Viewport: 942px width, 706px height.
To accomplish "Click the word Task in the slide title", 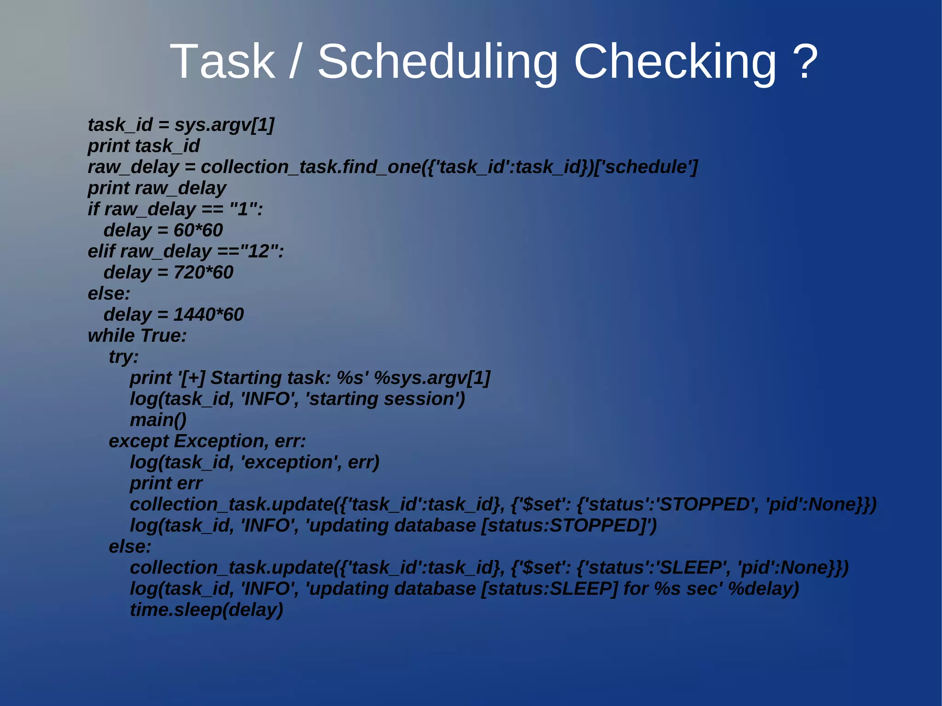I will pyautogui.click(x=223, y=62).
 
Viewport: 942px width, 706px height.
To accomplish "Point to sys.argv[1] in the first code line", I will pyautogui.click(x=224, y=125).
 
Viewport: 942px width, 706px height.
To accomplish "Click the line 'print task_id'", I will pyautogui.click(x=144, y=146).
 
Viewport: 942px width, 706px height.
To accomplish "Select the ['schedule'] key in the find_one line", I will pyautogui.click(x=646, y=167).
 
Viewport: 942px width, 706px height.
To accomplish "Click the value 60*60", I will pyautogui.click(x=198, y=230).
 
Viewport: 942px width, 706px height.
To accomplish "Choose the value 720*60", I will pyautogui.click(x=203, y=273).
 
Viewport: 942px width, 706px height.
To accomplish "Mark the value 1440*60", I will pyautogui.click(x=208, y=315).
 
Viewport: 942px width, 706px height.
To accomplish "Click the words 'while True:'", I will pyautogui.click(x=137, y=336).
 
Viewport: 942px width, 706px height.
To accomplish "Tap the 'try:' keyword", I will pyautogui.click(x=123, y=357).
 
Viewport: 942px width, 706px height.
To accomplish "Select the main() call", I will pyautogui.click(x=158, y=420).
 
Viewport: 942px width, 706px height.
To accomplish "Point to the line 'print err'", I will pyautogui.click(x=166, y=483).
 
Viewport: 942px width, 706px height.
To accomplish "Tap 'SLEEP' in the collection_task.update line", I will pyautogui.click(x=692, y=568).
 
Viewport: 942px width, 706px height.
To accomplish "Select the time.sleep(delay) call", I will pyautogui.click(x=206, y=610).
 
